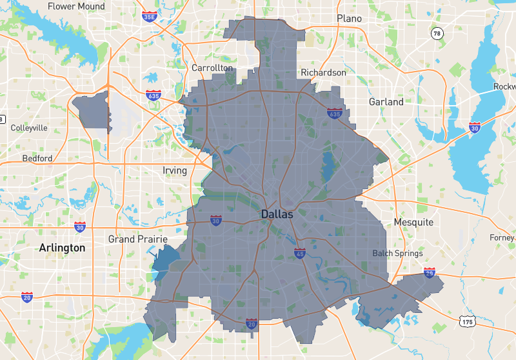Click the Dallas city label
point(277,214)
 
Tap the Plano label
point(349,19)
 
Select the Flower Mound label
point(76,6)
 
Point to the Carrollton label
point(212,68)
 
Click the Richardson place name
point(324,73)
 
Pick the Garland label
point(386,102)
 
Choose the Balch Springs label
point(397,253)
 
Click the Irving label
point(175,171)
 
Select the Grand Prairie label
point(138,239)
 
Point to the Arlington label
point(62,248)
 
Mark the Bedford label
point(37,158)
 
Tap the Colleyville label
point(29,128)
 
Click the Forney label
point(502,237)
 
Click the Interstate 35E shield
point(149,15)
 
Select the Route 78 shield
point(437,33)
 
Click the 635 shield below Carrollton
point(154,95)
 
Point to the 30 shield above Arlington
point(79,227)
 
